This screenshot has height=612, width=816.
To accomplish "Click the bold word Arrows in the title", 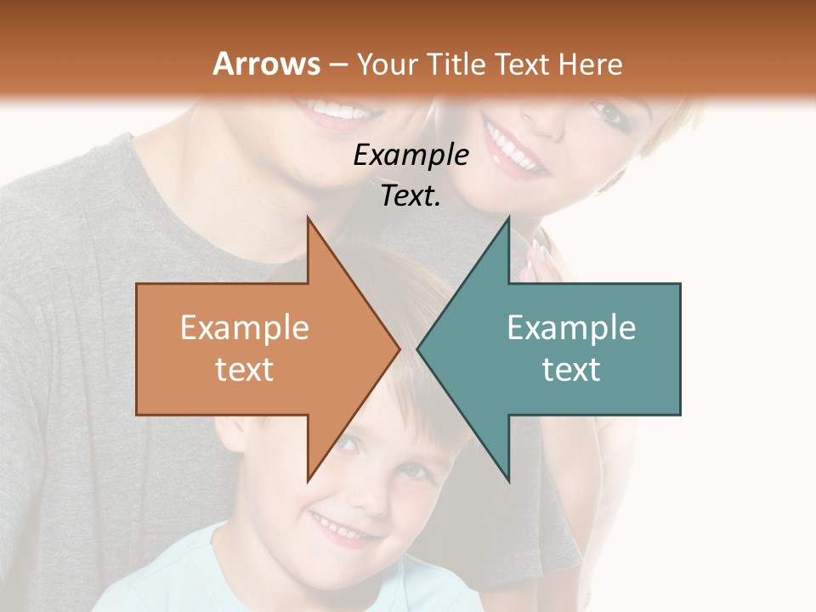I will pyautogui.click(x=267, y=64).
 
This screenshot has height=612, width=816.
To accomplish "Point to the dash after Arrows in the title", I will pyautogui.click(x=337, y=65).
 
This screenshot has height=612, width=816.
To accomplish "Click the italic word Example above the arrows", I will pyautogui.click(x=411, y=156).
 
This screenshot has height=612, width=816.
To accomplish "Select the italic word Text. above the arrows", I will pyautogui.click(x=411, y=196).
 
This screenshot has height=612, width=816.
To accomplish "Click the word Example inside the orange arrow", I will pyautogui.click(x=244, y=328).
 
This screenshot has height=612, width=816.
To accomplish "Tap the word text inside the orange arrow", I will pyautogui.click(x=244, y=370).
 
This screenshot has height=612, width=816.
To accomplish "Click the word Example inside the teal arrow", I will pyautogui.click(x=571, y=328).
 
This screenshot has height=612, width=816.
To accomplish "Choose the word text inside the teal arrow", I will pyautogui.click(x=571, y=370).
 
